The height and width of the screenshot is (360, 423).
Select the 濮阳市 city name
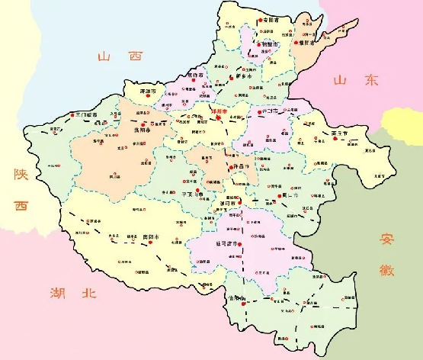308,43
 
